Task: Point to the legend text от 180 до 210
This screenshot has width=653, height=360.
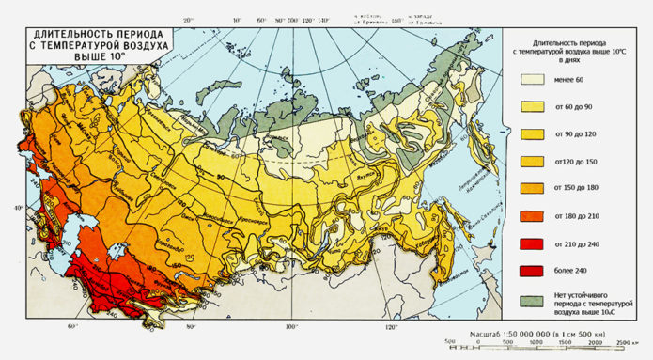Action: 574,217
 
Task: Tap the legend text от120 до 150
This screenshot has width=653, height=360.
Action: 574,163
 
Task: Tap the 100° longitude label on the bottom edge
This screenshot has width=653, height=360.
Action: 290,328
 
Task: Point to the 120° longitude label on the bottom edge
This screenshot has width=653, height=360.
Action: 391,328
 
